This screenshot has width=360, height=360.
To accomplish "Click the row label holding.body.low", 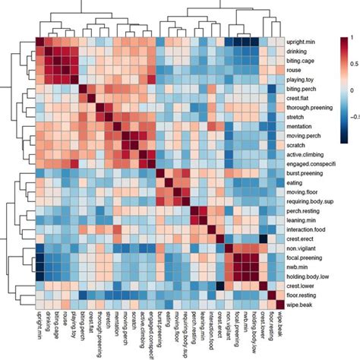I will coord(310,277).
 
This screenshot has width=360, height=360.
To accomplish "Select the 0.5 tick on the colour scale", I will coord(351,64).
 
